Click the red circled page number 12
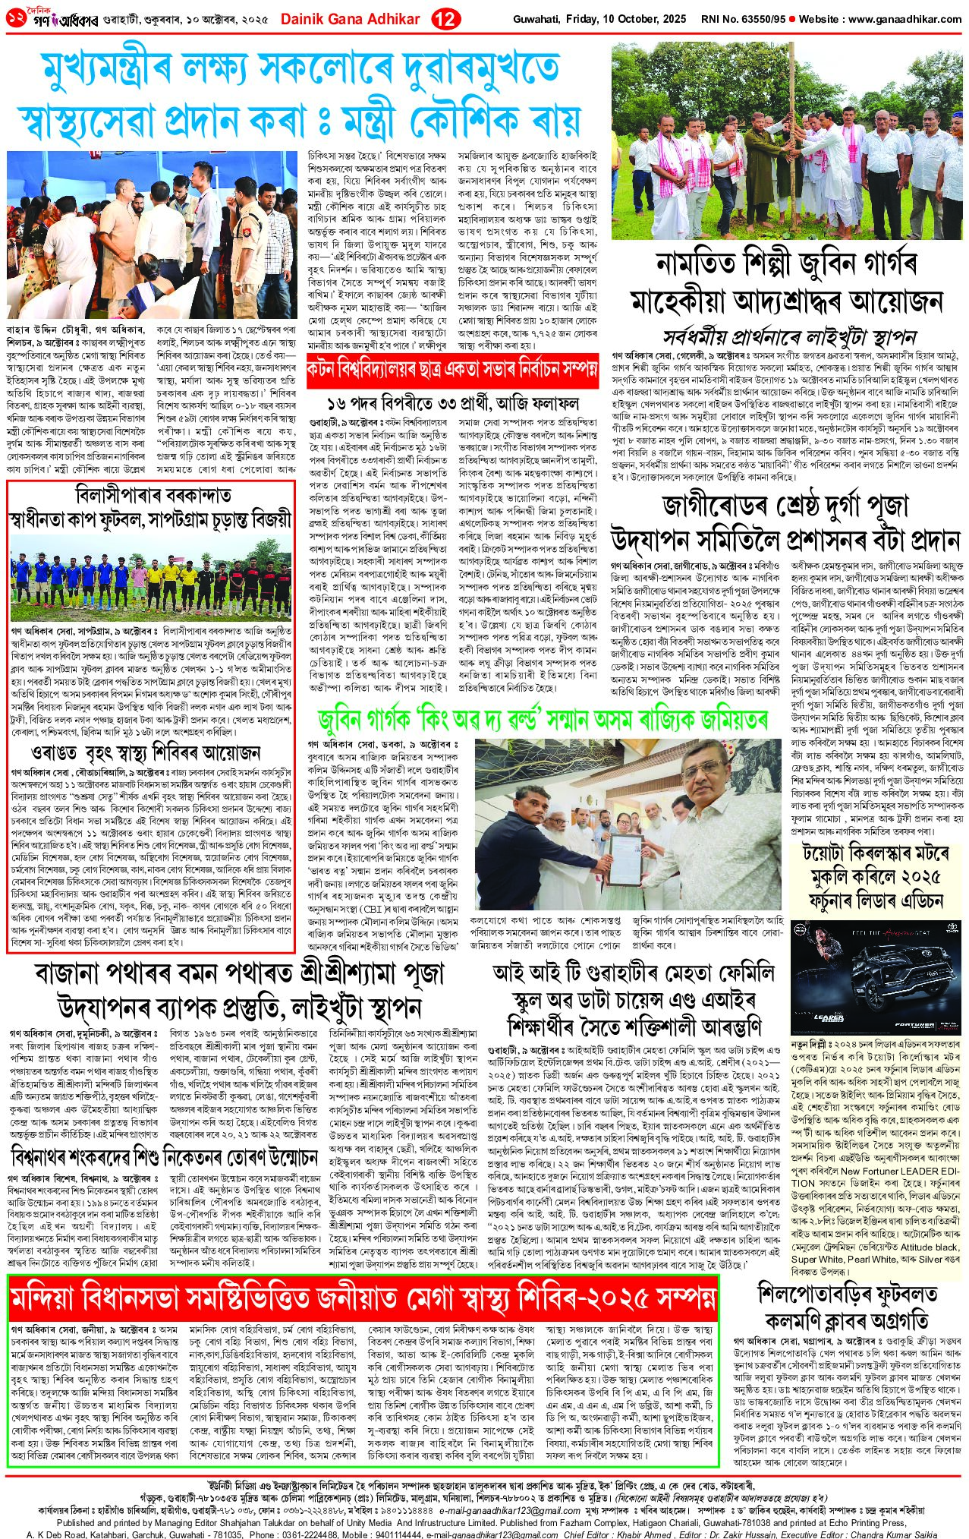click(446, 18)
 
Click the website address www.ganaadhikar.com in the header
click(906, 18)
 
